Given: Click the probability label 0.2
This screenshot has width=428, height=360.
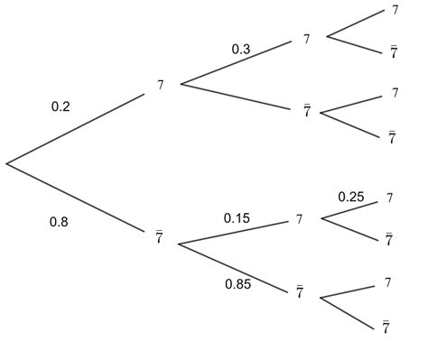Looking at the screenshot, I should [60, 106].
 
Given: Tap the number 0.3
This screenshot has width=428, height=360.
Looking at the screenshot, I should [241, 50].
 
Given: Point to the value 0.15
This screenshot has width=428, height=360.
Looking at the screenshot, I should [237, 217].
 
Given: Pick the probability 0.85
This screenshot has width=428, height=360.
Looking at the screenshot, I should [238, 285].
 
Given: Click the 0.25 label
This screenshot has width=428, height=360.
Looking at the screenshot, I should [350, 197].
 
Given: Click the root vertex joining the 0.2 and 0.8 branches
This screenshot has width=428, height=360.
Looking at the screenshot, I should [6, 163].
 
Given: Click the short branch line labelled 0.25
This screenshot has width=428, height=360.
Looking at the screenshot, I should [349, 209].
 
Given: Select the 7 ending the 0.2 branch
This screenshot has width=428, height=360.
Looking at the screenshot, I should [161, 85].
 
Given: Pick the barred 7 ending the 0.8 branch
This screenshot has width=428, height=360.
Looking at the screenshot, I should [160, 237].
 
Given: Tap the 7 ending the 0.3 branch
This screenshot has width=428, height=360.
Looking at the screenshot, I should [307, 39].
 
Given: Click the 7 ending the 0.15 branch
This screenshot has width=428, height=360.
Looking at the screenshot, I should [300, 219].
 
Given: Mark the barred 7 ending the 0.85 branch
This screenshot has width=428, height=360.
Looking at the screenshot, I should [299, 292].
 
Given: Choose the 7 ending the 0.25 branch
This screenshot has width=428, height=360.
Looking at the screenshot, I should [389, 198].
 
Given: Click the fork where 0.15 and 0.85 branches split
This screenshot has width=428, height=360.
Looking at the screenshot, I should [179, 244].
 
